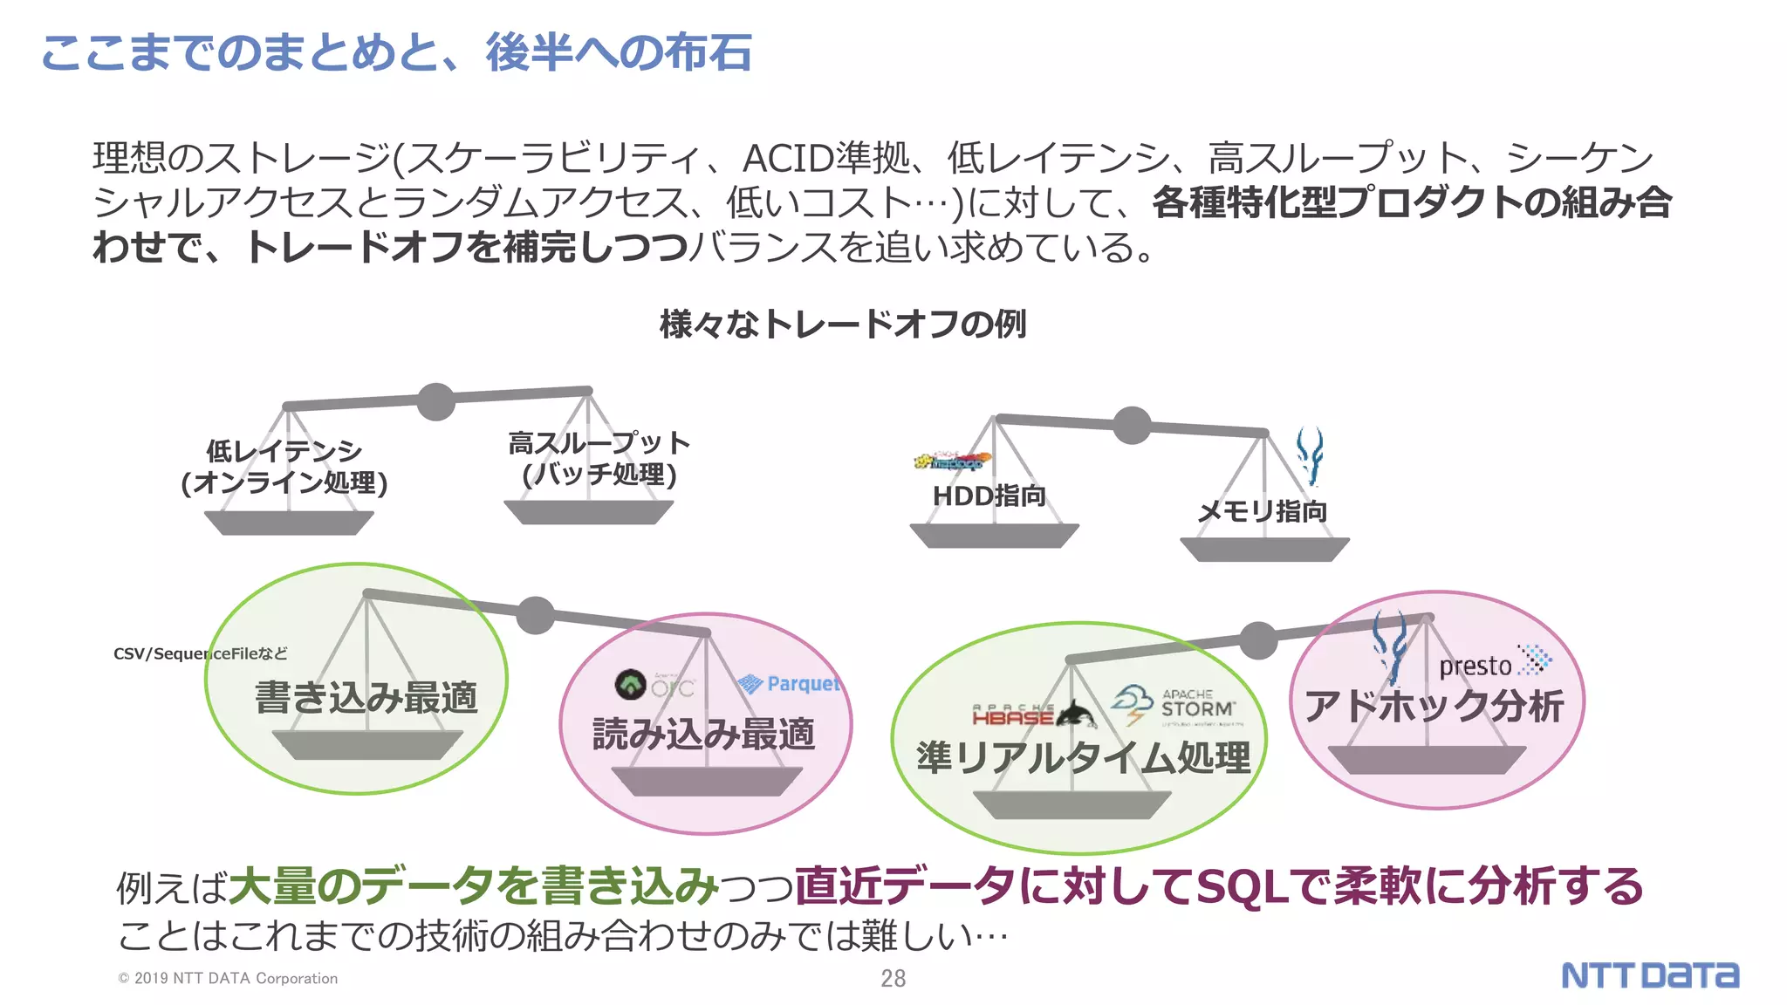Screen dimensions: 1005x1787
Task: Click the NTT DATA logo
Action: click(x=1649, y=974)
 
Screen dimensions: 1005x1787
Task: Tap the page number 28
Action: click(x=893, y=978)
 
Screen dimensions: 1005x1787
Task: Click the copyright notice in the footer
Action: click(x=228, y=978)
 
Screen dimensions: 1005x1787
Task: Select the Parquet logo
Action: click(x=789, y=684)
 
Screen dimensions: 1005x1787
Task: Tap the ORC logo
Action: click(x=654, y=685)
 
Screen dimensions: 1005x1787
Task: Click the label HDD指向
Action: click(x=989, y=496)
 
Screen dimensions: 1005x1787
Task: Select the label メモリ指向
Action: click(x=1262, y=511)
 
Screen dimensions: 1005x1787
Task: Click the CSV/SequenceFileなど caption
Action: click(x=200, y=653)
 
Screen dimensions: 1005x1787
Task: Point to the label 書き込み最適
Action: click(x=366, y=697)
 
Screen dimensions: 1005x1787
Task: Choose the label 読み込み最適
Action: click(x=703, y=734)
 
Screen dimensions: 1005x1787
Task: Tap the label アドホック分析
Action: click(x=1434, y=706)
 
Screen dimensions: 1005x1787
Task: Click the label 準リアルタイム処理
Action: click(x=1083, y=757)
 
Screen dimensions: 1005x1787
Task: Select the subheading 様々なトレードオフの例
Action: click(x=843, y=324)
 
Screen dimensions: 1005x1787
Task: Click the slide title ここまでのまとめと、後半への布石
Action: click(x=396, y=52)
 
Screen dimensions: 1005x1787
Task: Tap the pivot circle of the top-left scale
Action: click(x=435, y=401)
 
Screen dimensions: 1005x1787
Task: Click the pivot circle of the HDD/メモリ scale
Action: click(x=1132, y=425)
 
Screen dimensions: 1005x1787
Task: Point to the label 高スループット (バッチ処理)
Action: click(x=599, y=459)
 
